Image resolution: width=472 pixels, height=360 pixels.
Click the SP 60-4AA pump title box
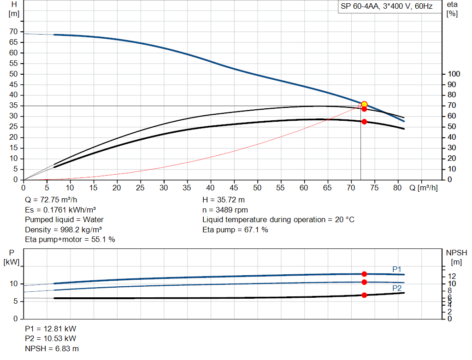(386, 7)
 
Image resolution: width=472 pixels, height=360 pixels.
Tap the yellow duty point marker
(364, 105)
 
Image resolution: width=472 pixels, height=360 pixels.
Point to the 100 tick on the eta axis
(454, 74)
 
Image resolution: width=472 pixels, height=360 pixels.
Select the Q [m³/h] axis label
(423, 188)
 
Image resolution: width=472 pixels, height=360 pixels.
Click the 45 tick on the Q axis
(234, 188)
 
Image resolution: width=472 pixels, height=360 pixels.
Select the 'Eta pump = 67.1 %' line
(235, 230)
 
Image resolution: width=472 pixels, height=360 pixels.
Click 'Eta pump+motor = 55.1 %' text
(70, 239)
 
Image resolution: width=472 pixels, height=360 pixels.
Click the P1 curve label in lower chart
(397, 269)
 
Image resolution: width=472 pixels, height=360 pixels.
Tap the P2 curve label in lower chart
(397, 288)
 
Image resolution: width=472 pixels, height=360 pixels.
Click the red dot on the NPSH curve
(364, 295)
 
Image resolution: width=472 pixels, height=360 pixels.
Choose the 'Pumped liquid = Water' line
(64, 219)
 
